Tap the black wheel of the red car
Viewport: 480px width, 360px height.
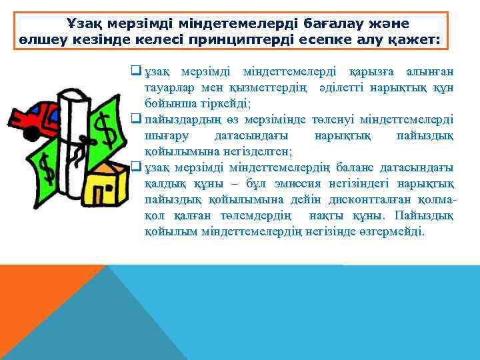(31, 133)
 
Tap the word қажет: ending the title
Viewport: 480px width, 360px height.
(415, 40)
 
